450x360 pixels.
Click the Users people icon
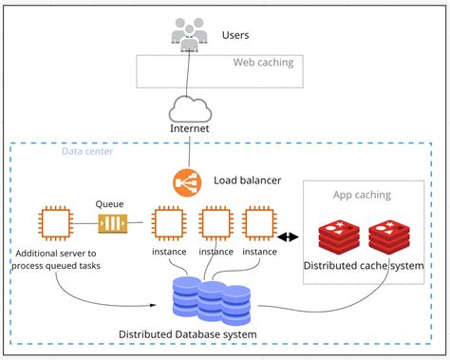pos(190,35)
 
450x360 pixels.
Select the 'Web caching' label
pos(263,63)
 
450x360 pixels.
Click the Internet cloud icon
pos(189,105)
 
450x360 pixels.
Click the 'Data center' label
pos(63,150)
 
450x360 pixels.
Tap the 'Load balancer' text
pos(245,180)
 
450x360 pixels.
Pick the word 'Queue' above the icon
pos(110,203)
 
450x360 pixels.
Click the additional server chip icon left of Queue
pos(54,224)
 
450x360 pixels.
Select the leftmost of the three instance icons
pos(168,224)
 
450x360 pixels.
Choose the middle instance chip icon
pos(216,224)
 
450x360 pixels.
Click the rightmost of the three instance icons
pos(259,224)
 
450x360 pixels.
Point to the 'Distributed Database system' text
pos(188,334)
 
